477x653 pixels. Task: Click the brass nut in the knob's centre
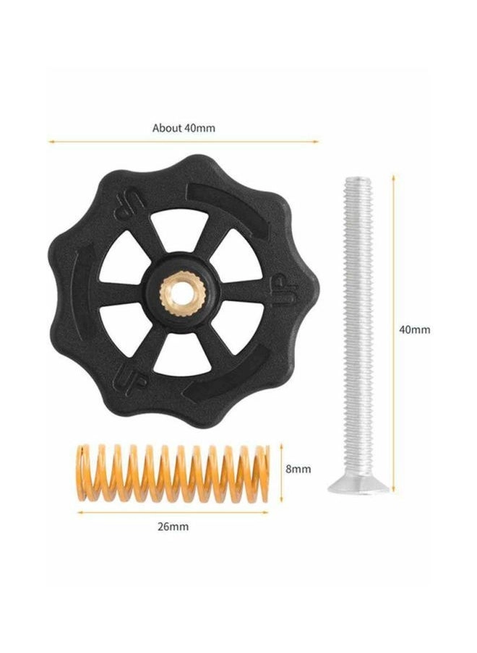click(182, 293)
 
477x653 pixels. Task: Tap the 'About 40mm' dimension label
click(184, 128)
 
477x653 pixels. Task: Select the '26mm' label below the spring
click(173, 527)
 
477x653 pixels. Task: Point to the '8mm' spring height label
click(298, 469)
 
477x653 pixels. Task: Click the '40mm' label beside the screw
click(415, 330)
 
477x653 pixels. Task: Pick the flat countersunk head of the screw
click(358, 486)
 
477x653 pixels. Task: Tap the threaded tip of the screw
click(358, 182)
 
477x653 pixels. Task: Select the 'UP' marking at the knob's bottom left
click(132, 378)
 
